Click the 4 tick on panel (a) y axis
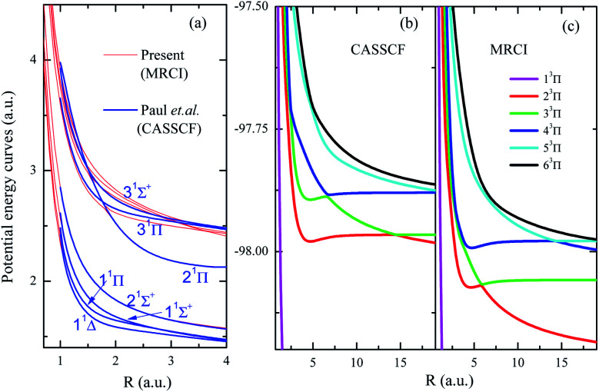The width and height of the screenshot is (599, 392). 32,60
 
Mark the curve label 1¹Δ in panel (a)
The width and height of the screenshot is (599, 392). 85,326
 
